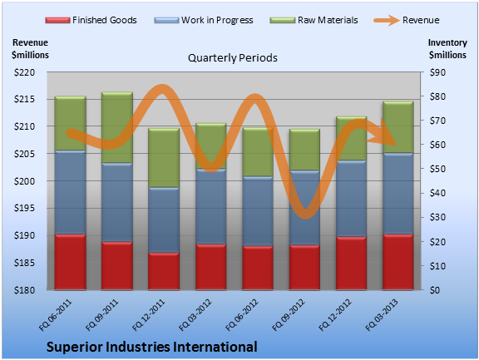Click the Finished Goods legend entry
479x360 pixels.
[x=91, y=20]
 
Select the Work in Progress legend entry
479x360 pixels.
[x=204, y=20]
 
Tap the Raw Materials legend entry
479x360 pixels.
[x=314, y=20]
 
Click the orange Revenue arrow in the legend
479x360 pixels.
[x=387, y=20]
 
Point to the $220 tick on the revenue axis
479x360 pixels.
[x=24, y=72]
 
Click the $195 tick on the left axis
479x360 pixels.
[x=24, y=208]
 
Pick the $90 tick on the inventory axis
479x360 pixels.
[x=437, y=72]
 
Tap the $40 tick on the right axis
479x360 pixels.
[x=437, y=193]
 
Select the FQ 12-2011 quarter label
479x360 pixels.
[x=149, y=315]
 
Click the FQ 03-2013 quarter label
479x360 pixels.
[x=383, y=315]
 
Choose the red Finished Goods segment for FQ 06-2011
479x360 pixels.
[x=70, y=262]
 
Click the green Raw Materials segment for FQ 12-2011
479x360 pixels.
[x=164, y=158]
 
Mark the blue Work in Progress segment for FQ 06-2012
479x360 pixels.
[x=258, y=211]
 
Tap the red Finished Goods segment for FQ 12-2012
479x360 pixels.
[x=351, y=264]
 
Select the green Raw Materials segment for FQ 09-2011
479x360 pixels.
[x=117, y=127]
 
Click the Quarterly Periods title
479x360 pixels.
[x=233, y=58]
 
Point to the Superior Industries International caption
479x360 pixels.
[x=152, y=347]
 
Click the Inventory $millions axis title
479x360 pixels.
[x=447, y=49]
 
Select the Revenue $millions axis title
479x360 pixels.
[x=30, y=49]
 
